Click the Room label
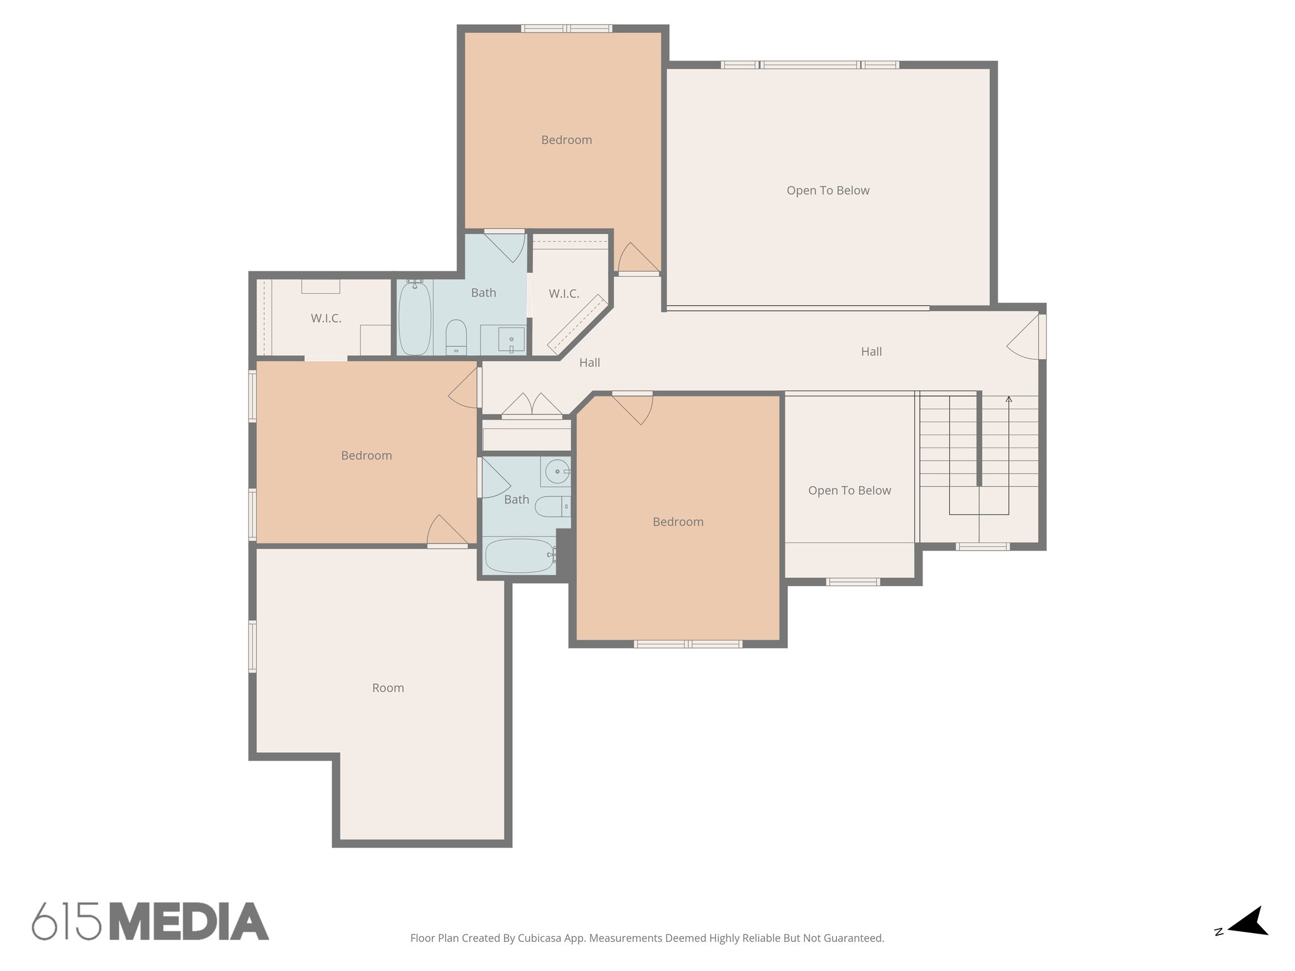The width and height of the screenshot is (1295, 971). [x=388, y=688]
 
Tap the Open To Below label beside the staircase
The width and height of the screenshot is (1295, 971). [x=849, y=491]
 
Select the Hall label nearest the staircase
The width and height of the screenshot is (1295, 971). [x=871, y=351]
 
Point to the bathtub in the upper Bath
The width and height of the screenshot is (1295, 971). [x=415, y=318]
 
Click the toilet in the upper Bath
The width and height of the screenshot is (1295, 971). [x=456, y=336]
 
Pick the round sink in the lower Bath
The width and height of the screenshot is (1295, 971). [x=556, y=472]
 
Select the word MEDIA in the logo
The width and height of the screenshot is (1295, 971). [x=189, y=922]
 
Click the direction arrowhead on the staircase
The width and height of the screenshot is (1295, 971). [x=1009, y=399]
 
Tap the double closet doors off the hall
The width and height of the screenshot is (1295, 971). [x=532, y=406]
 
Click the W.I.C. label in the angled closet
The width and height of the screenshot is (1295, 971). [x=563, y=294]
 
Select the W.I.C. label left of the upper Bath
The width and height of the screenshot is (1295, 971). [x=326, y=319]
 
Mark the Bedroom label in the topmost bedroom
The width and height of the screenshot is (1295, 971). [x=567, y=140]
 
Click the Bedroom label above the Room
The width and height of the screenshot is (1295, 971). [x=366, y=456]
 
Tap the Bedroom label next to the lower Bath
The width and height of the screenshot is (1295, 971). [x=678, y=522]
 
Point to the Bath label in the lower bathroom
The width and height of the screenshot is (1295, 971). [x=517, y=500]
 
